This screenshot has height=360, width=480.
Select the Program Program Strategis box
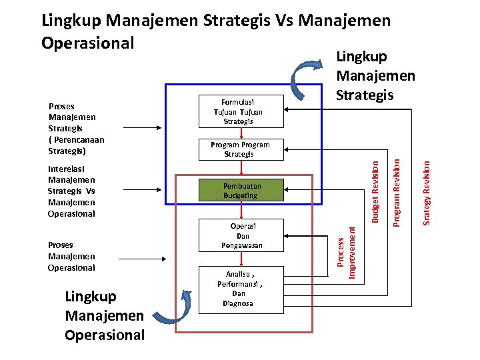tap(240, 149)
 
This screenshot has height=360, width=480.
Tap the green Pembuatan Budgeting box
tap(240, 191)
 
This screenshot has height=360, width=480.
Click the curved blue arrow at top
tap(308, 74)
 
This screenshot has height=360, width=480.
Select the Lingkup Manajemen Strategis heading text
tap(375, 76)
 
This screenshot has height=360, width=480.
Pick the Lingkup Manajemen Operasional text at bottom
tap(104, 315)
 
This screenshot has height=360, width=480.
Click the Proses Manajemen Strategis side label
tap(76, 128)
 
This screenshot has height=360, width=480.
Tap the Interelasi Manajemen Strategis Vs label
tap(71, 191)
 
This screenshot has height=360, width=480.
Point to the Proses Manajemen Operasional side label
tap(71, 256)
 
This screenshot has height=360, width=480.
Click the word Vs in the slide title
tap(286, 21)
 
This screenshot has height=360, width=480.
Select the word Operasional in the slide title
tap(87, 43)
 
